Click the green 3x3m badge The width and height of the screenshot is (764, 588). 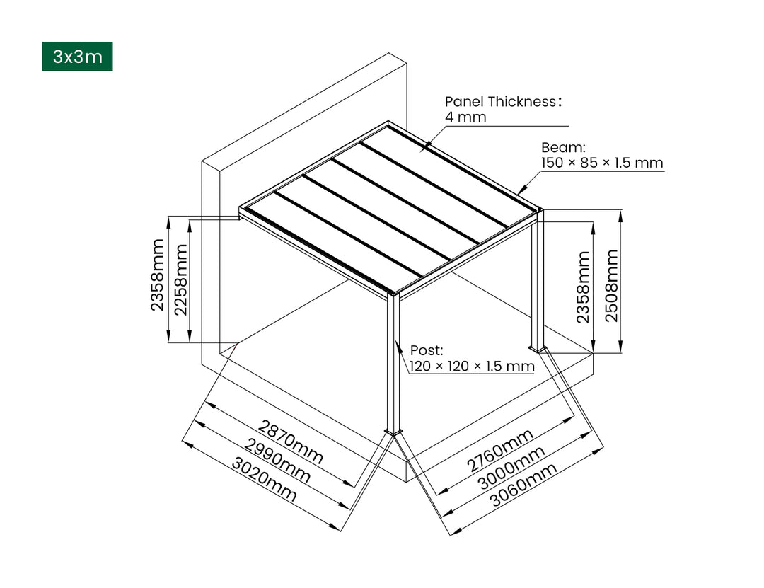(x=77, y=57)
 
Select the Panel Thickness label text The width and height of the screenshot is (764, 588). (x=503, y=101)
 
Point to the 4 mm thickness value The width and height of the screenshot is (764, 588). (x=465, y=117)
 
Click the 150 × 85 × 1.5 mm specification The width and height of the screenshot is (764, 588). (x=602, y=163)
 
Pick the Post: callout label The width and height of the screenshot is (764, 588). (x=427, y=350)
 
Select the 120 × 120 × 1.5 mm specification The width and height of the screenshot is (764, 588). (x=472, y=366)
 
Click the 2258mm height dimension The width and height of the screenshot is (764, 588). (x=181, y=281)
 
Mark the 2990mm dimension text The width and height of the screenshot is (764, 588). (x=277, y=461)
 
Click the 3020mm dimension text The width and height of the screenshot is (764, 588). (x=264, y=480)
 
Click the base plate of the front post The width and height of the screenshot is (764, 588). (x=393, y=431)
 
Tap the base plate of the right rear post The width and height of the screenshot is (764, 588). (x=538, y=347)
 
